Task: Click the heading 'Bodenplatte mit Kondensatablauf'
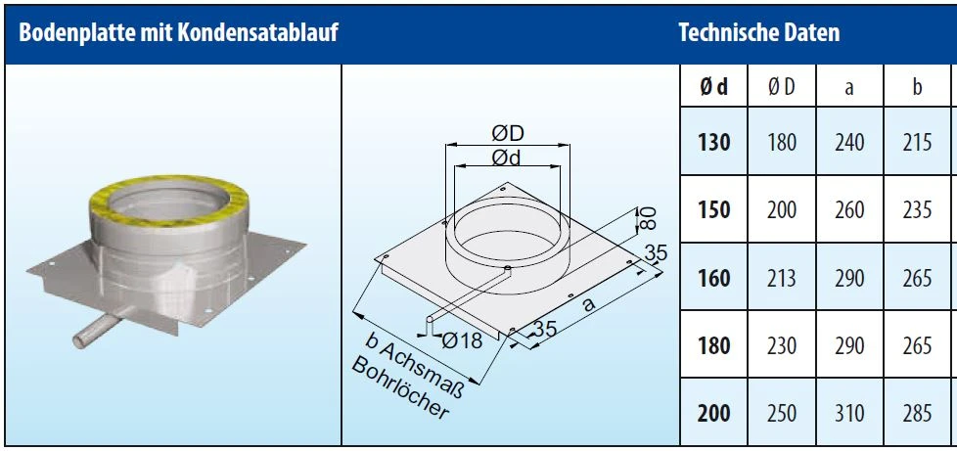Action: (x=179, y=33)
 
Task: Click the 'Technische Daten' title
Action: (x=758, y=33)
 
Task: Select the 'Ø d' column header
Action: (x=713, y=87)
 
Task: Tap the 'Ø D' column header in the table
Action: (x=781, y=87)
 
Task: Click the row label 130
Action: (x=713, y=143)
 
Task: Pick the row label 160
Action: (x=713, y=279)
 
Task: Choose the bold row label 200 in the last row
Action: (x=713, y=415)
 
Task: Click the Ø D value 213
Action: (x=781, y=279)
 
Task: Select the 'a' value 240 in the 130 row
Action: (x=848, y=143)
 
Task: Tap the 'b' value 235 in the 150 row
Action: (x=917, y=210)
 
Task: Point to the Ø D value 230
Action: (x=781, y=346)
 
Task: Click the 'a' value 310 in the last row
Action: (x=848, y=415)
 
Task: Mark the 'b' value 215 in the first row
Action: (x=917, y=143)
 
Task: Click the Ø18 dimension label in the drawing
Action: (x=463, y=340)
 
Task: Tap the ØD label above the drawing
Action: (x=507, y=132)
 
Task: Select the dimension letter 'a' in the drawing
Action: (x=588, y=304)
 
